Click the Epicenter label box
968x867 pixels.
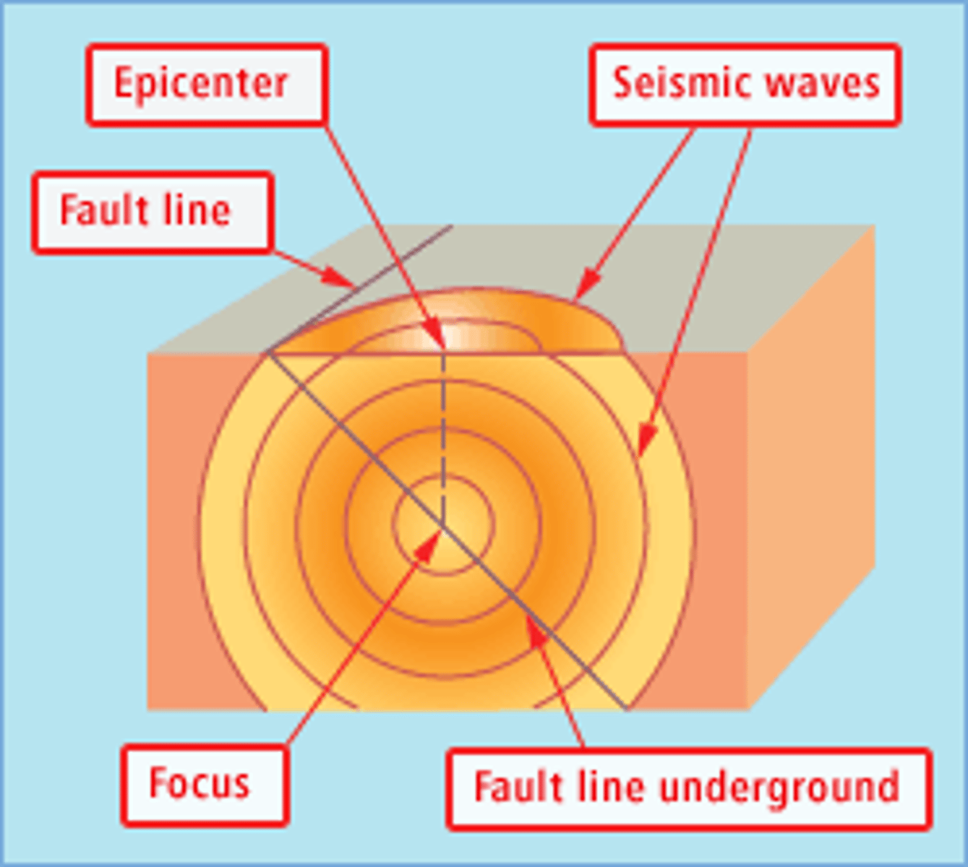point(207,85)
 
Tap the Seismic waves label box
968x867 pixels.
point(745,85)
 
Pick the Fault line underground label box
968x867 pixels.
point(688,788)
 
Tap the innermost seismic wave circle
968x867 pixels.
point(442,477)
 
